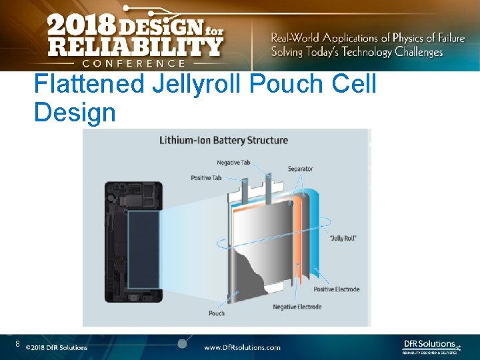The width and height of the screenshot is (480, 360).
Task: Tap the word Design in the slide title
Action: [75, 113]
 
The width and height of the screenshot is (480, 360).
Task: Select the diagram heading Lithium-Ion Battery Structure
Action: [223, 141]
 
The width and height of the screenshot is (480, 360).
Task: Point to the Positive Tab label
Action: [206, 177]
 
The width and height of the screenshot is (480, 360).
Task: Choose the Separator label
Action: [300, 169]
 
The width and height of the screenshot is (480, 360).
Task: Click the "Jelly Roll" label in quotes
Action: [343, 238]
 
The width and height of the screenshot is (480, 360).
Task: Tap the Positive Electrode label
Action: [337, 289]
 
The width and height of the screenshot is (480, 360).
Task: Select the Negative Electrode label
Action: [297, 307]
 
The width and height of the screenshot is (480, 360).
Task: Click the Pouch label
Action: [217, 313]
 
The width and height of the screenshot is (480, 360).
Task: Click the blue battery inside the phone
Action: [143, 249]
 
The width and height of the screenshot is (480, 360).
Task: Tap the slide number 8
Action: [18, 344]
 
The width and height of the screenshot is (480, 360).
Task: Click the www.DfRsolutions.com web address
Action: [241, 347]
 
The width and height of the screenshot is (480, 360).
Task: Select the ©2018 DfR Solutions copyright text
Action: [57, 347]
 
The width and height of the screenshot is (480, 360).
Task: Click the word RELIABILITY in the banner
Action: [134, 47]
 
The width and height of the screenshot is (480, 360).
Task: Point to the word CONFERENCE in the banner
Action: [134, 63]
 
